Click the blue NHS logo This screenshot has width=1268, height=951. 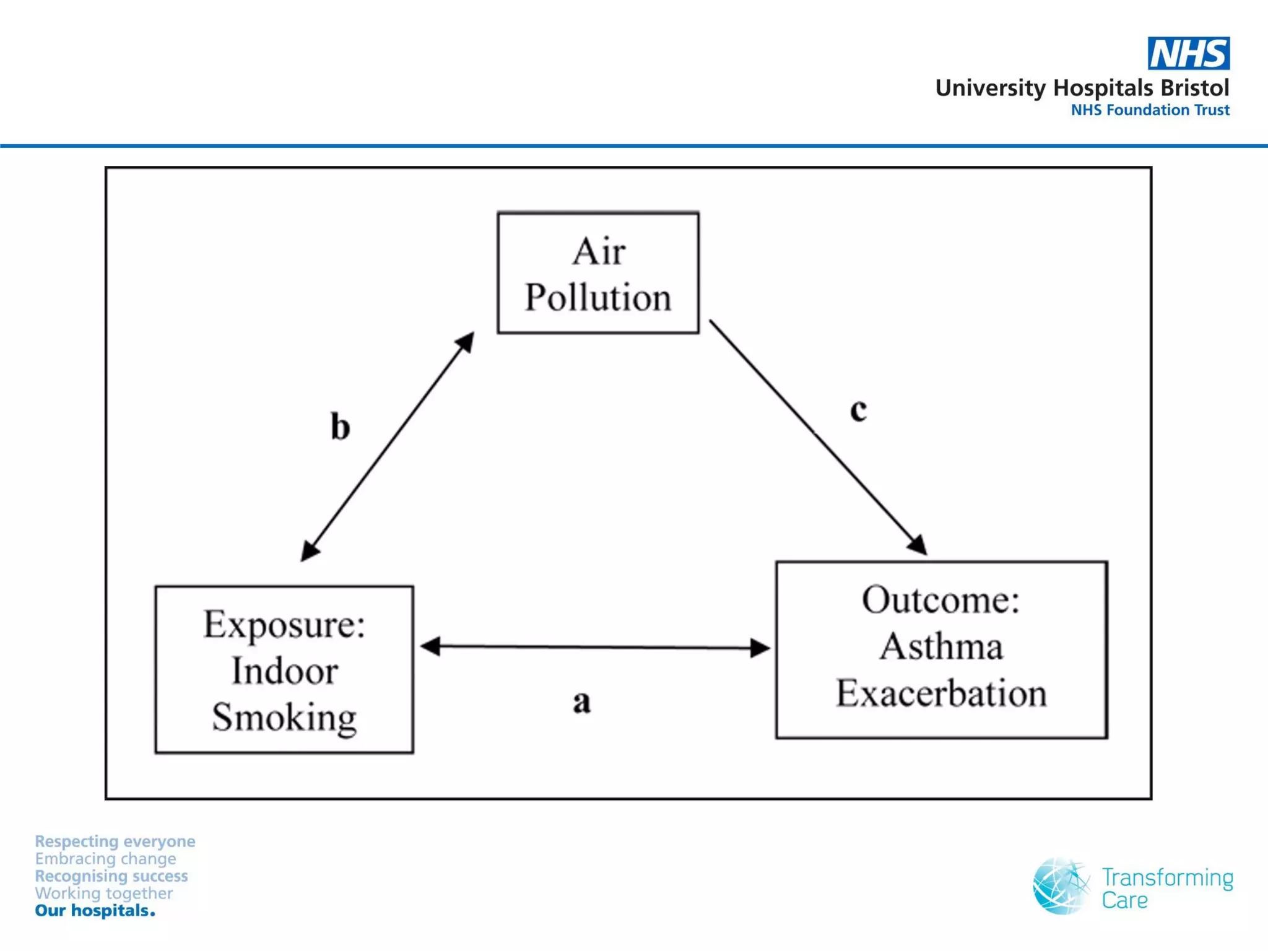[1188, 53]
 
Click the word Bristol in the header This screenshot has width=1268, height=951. [1194, 88]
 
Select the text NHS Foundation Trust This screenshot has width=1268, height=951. [1150, 110]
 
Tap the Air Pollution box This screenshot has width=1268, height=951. [598, 273]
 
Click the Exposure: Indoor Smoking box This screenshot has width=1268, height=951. [284, 669]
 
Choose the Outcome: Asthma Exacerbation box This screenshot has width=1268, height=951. [941, 649]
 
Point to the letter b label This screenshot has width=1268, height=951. [340, 427]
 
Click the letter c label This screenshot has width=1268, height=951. [858, 410]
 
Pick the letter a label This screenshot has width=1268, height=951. [581, 702]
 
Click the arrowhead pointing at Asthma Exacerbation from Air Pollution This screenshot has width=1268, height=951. [918, 545]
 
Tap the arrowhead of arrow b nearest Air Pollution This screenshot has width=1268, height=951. [466, 342]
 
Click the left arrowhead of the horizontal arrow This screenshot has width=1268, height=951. [430, 646]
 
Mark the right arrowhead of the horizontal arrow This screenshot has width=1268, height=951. [760, 648]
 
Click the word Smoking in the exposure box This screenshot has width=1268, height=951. [284, 717]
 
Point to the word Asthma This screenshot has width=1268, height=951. [941, 646]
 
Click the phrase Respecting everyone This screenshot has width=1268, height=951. [115, 841]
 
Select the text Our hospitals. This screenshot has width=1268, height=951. [95, 911]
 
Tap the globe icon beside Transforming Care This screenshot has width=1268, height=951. [1060, 886]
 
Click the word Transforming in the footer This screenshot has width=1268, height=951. [1167, 878]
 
